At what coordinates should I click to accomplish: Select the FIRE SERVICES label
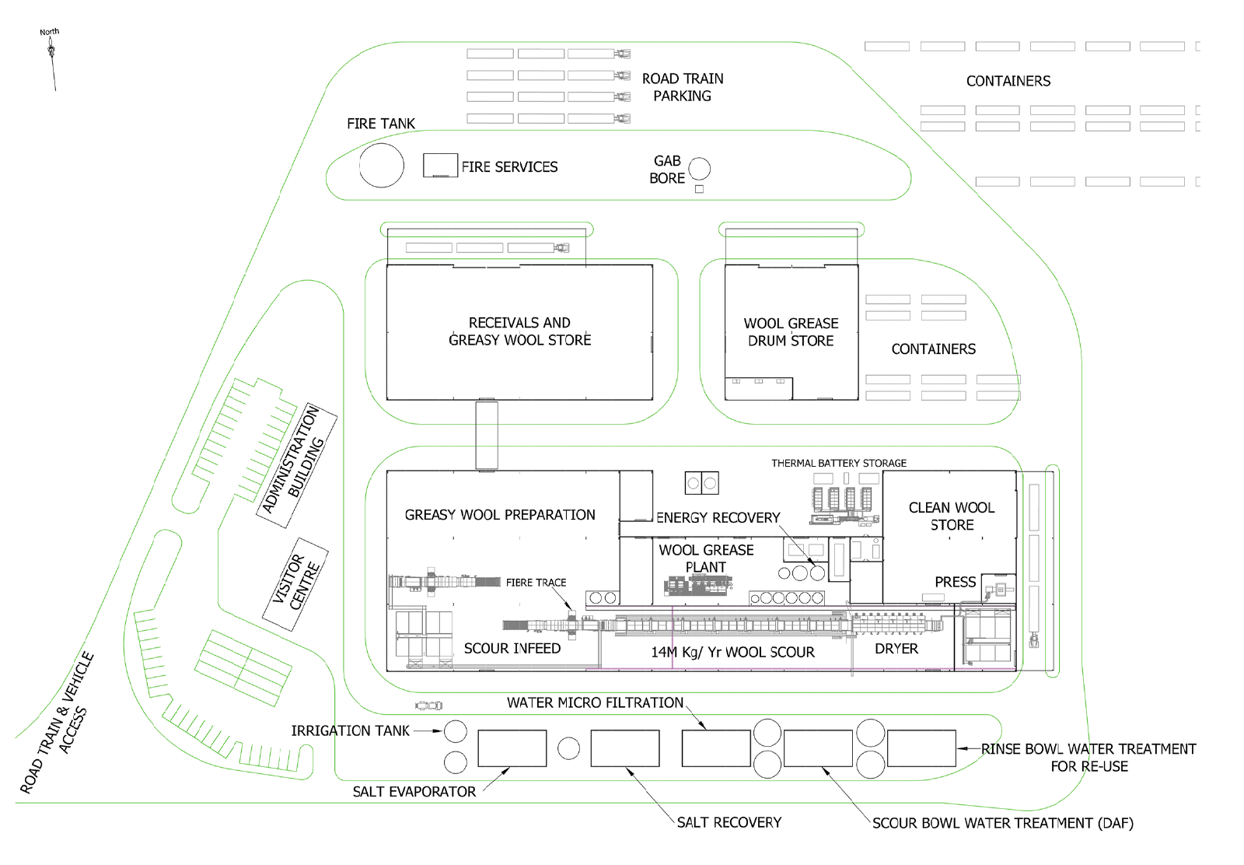pyautogui.click(x=509, y=166)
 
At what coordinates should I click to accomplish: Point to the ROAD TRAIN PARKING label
pyautogui.click(x=683, y=87)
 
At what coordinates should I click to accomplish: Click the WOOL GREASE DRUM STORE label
pyautogui.click(x=791, y=332)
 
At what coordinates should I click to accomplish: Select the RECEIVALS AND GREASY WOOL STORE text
pyautogui.click(x=520, y=331)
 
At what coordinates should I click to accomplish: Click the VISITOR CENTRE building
pyautogui.click(x=295, y=584)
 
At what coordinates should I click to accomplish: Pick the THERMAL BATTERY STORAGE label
pyautogui.click(x=839, y=464)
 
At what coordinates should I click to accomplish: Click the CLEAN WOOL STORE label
pyautogui.click(x=952, y=516)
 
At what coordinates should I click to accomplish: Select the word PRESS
pyautogui.click(x=956, y=582)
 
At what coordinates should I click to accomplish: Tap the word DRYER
pyautogui.click(x=896, y=649)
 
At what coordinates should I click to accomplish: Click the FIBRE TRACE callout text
pyautogui.click(x=536, y=582)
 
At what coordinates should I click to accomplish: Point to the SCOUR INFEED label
pyautogui.click(x=512, y=648)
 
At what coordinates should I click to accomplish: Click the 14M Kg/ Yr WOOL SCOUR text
pyautogui.click(x=732, y=652)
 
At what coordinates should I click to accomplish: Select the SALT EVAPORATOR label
pyautogui.click(x=414, y=792)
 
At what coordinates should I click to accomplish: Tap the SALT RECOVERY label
pyautogui.click(x=729, y=822)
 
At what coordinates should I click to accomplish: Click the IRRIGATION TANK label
pyautogui.click(x=351, y=730)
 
